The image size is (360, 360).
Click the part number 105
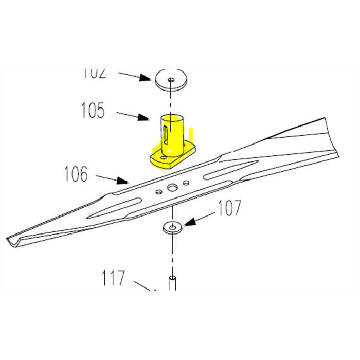click(x=93, y=111)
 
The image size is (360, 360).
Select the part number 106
click(x=76, y=175)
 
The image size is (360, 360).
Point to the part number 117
click(x=113, y=279)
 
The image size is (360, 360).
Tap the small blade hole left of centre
click(x=159, y=191)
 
